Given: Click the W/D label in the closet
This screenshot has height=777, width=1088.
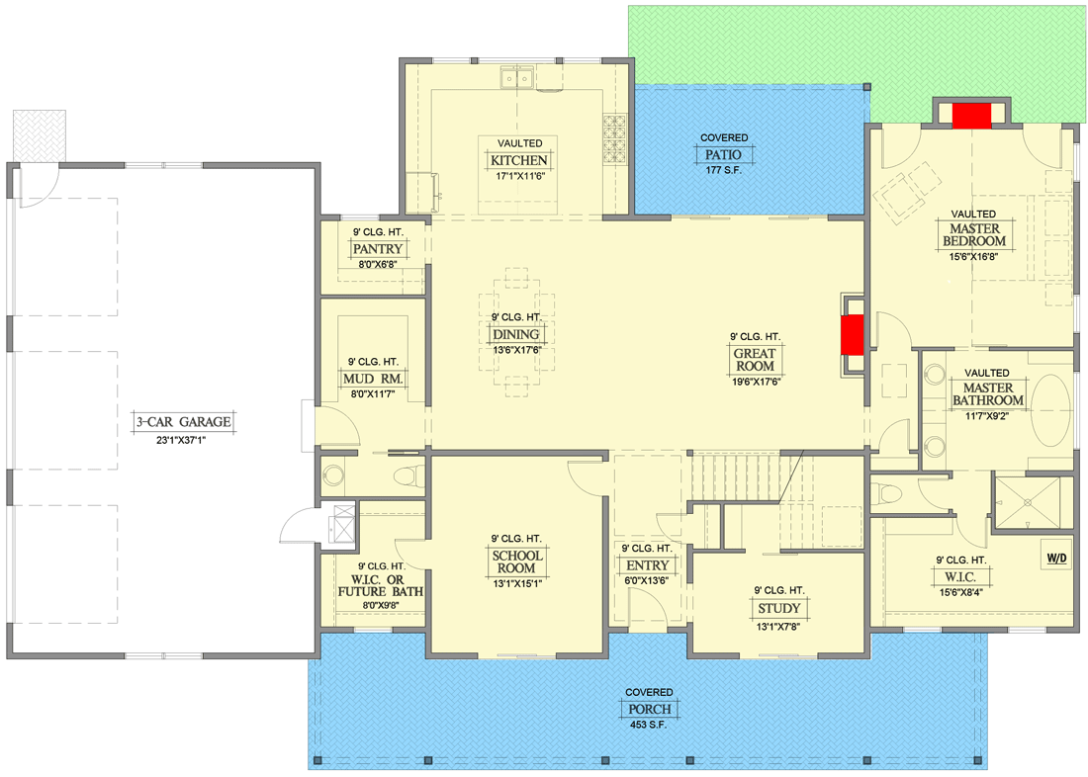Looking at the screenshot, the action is (x=1056, y=559).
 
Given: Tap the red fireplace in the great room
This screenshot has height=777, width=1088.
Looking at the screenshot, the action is (x=852, y=334).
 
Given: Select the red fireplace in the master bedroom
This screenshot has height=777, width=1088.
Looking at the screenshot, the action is (x=971, y=116).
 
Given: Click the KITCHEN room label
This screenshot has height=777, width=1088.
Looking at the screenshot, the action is (x=519, y=160).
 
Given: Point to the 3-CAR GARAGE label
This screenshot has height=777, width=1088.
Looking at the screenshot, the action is (x=184, y=422).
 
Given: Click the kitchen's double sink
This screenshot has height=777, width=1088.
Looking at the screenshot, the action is (x=517, y=78).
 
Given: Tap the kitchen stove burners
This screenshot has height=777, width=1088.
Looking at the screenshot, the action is (x=615, y=138).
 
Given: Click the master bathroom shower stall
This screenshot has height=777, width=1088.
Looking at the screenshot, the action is (x=1028, y=502).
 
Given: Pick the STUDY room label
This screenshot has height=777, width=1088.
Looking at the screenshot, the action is (x=778, y=608).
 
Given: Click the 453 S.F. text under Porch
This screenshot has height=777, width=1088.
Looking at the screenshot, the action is (x=648, y=725).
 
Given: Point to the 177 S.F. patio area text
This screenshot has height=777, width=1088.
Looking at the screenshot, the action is (x=724, y=170).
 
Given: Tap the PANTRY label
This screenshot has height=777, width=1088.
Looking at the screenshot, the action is (x=378, y=248).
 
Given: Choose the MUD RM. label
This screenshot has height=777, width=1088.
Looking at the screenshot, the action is (x=373, y=379).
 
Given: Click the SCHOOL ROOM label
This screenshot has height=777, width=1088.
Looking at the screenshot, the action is (x=517, y=561).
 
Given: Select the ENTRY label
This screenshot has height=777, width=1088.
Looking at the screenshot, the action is (x=648, y=565).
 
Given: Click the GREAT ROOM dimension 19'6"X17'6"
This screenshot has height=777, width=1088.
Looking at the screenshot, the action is (x=757, y=382).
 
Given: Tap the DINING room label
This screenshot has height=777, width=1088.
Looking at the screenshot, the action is (x=515, y=334).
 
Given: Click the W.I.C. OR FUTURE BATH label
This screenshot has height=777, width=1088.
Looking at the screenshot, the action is (x=380, y=585).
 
